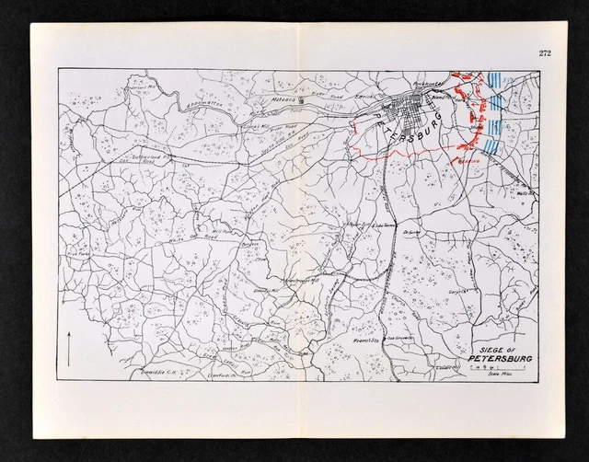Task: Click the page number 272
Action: click(x=545, y=53)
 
